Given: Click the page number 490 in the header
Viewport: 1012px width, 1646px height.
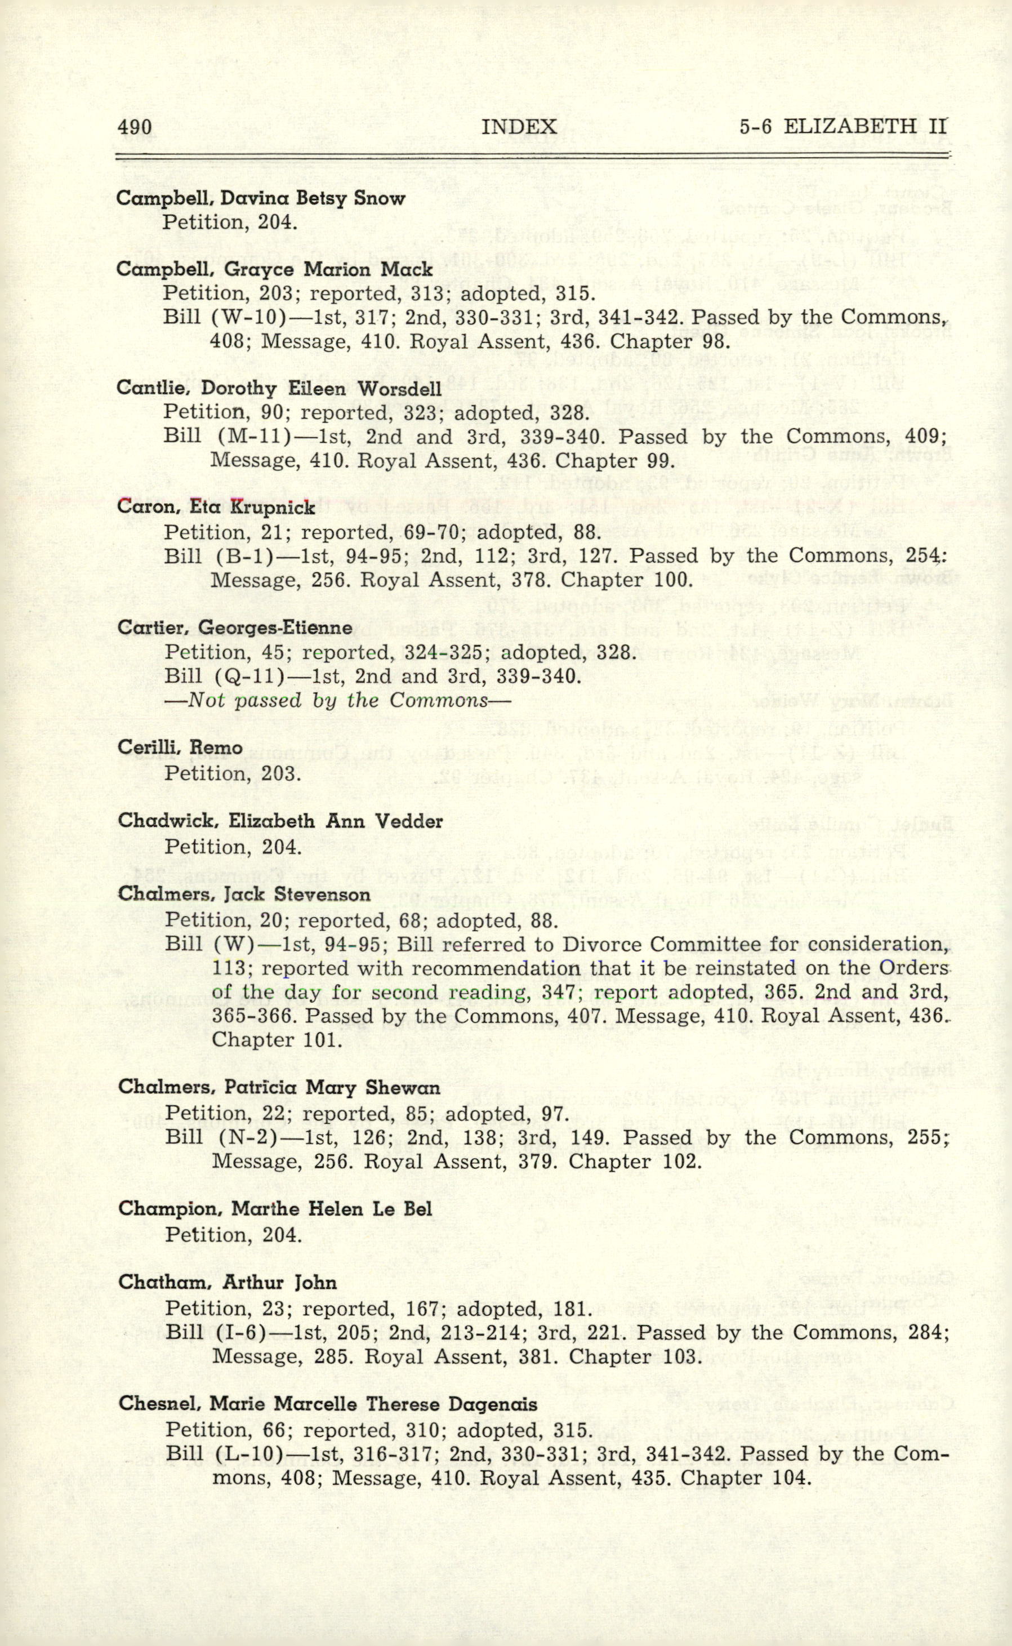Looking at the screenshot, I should (135, 127).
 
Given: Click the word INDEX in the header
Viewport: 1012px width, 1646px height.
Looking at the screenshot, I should (519, 127).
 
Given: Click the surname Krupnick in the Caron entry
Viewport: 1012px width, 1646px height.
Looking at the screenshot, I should (273, 508).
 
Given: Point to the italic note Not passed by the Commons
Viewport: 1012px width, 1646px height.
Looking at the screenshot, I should (338, 700).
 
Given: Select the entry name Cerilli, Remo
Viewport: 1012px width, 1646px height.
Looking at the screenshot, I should (180, 747).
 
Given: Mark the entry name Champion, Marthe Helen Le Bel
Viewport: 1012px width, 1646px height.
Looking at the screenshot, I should (275, 1209).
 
